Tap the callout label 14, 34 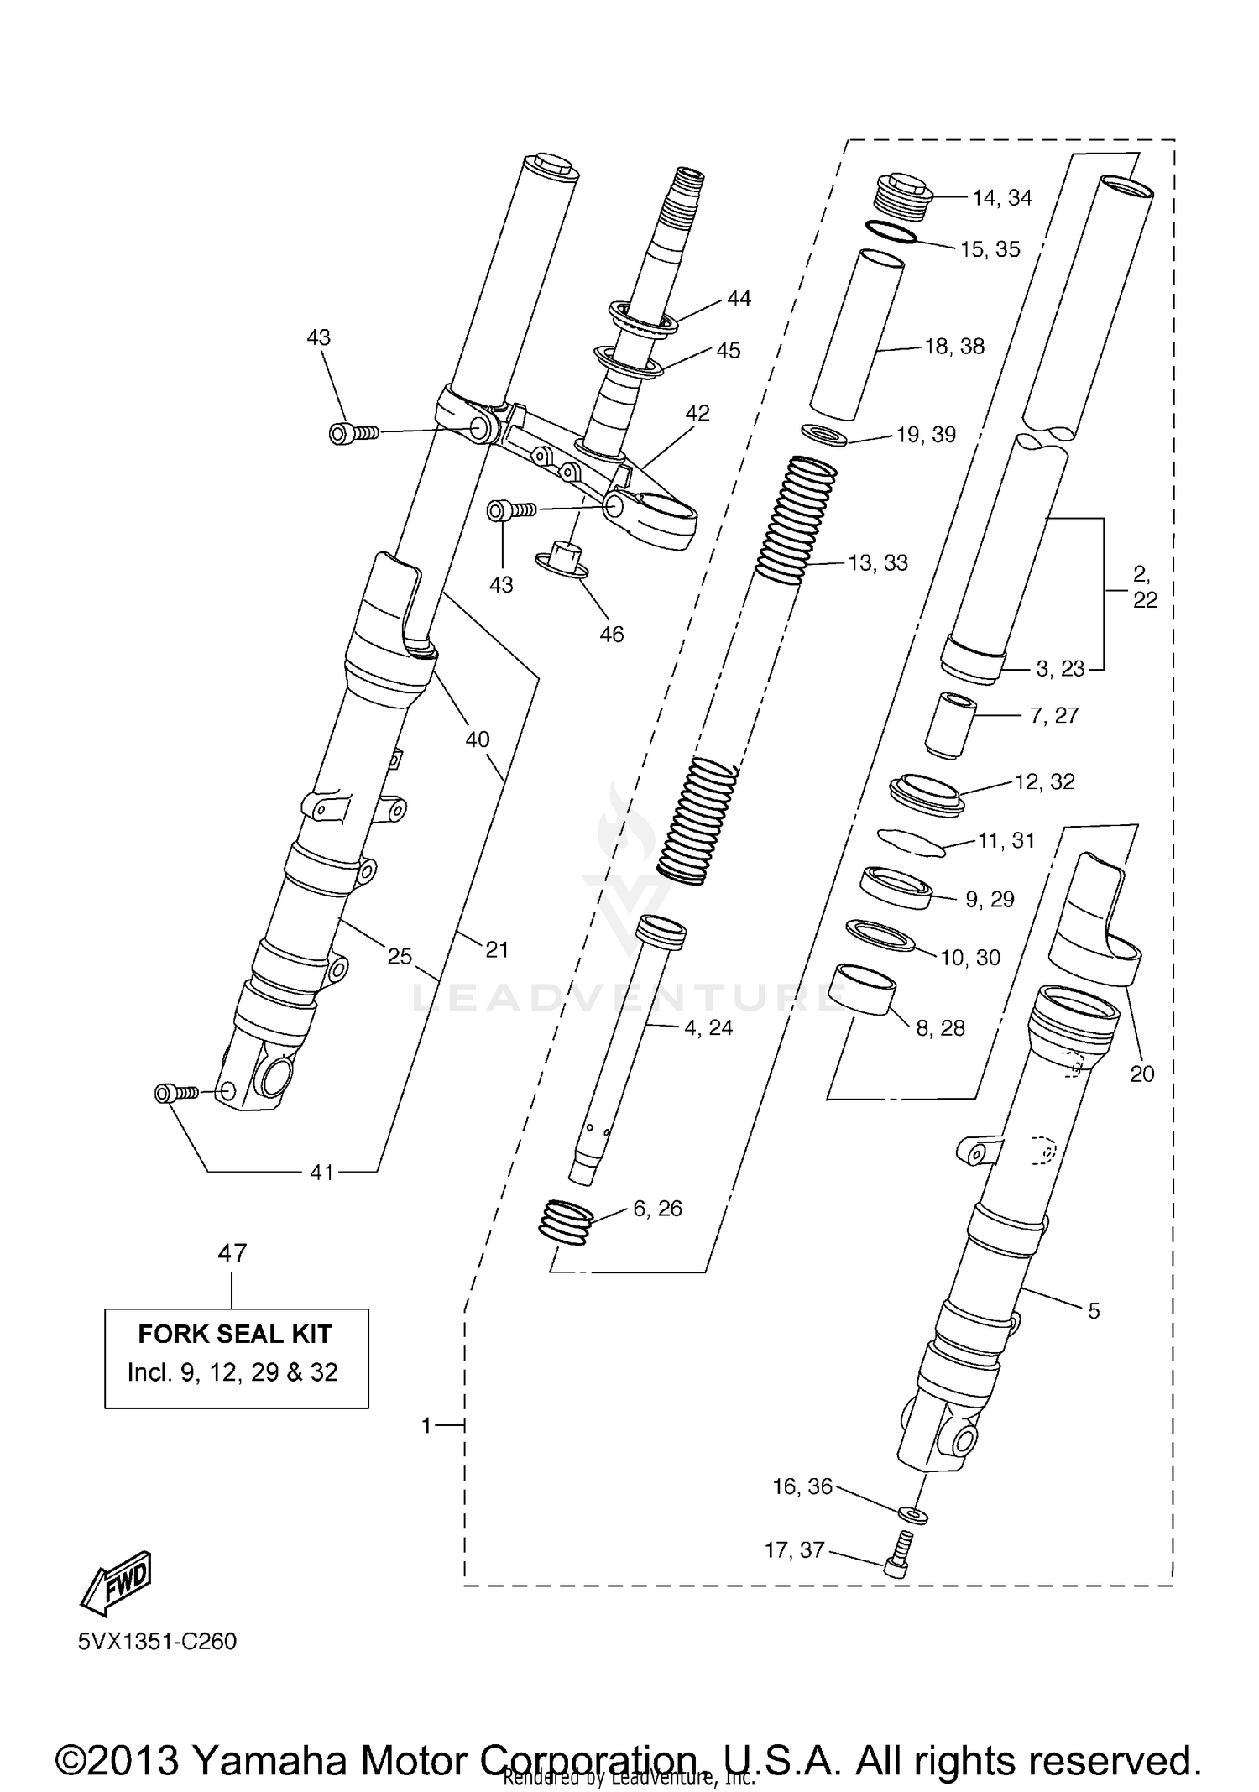[1001, 198]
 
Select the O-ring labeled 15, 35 [890, 232]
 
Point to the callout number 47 [232, 1253]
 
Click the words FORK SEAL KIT [235, 1334]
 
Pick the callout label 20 [1141, 1074]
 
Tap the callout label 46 [611, 635]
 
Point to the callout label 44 [739, 299]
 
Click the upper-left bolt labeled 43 [353, 433]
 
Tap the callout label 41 [322, 1173]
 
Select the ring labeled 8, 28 [860, 990]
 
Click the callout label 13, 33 [878, 563]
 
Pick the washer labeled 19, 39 [824, 436]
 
